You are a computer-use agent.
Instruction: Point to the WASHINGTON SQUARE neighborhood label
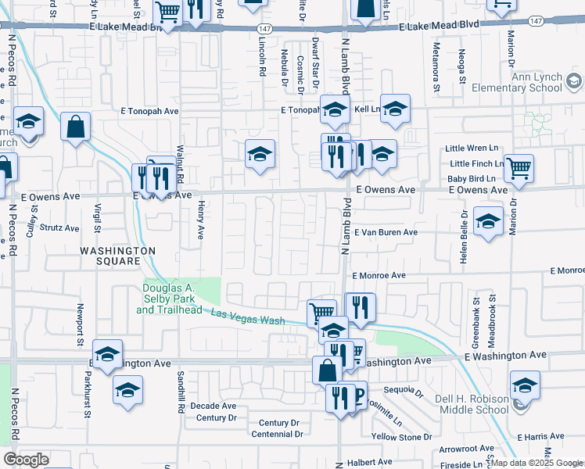[117, 256]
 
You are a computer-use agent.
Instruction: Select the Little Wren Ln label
[472, 148]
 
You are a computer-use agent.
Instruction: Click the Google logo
[25, 460]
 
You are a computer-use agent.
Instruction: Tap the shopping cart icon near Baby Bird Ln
[519, 167]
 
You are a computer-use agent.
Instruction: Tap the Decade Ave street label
[214, 406]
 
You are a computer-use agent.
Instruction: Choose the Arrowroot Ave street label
[467, 449]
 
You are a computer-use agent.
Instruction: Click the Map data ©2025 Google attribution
[537, 463]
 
